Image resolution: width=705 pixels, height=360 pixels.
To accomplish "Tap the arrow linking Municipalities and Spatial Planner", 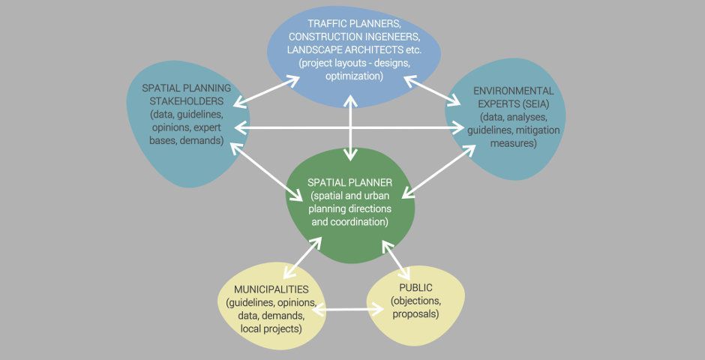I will point(304,259).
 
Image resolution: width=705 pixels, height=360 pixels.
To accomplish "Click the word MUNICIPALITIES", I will point(271,289).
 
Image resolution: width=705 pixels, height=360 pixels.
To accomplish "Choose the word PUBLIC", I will point(415,288).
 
